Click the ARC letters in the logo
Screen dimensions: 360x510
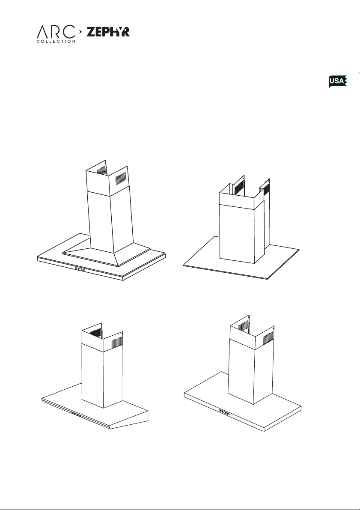click(x=56, y=32)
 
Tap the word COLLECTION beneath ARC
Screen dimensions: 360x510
click(x=56, y=42)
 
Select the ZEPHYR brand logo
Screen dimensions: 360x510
click(x=108, y=32)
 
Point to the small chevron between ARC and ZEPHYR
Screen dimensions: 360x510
click(x=80, y=32)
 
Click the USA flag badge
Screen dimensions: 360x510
click(x=338, y=81)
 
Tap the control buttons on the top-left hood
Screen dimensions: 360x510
click(x=80, y=269)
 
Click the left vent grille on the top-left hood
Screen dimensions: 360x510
click(x=101, y=170)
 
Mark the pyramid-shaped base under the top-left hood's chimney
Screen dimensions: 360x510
click(x=107, y=254)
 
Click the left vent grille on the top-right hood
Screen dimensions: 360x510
click(x=239, y=186)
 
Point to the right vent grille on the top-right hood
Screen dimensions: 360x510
click(x=266, y=190)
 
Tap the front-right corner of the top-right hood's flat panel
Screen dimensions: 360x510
click(x=267, y=279)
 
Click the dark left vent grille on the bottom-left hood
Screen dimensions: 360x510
click(x=95, y=334)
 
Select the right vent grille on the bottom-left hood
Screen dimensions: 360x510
click(x=117, y=342)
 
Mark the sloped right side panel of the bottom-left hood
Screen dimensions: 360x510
click(x=129, y=420)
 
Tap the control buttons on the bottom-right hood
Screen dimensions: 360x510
click(x=224, y=412)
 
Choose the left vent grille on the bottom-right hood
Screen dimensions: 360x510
click(x=243, y=326)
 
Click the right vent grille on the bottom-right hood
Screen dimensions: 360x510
click(x=268, y=339)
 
